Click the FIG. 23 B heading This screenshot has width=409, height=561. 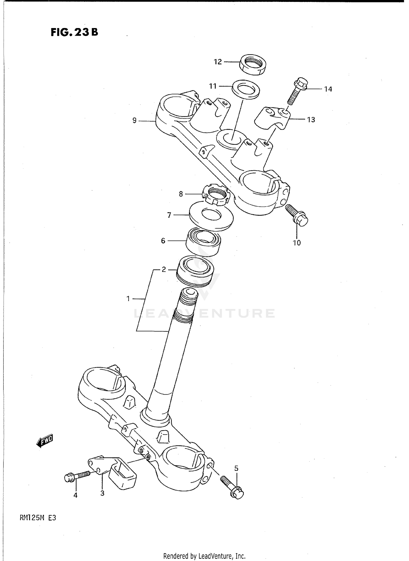coord(74,32)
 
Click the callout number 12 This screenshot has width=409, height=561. coord(218,62)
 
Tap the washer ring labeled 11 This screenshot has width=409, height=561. coord(246,89)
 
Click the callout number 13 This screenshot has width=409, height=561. coord(311,120)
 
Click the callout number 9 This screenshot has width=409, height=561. coord(134,120)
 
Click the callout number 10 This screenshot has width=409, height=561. coord(297,243)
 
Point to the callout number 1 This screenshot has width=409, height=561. coord(128,299)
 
